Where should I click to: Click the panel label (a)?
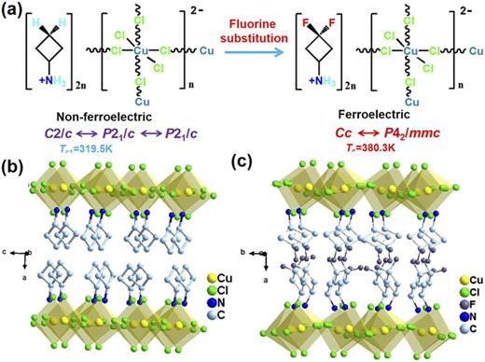13,10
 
